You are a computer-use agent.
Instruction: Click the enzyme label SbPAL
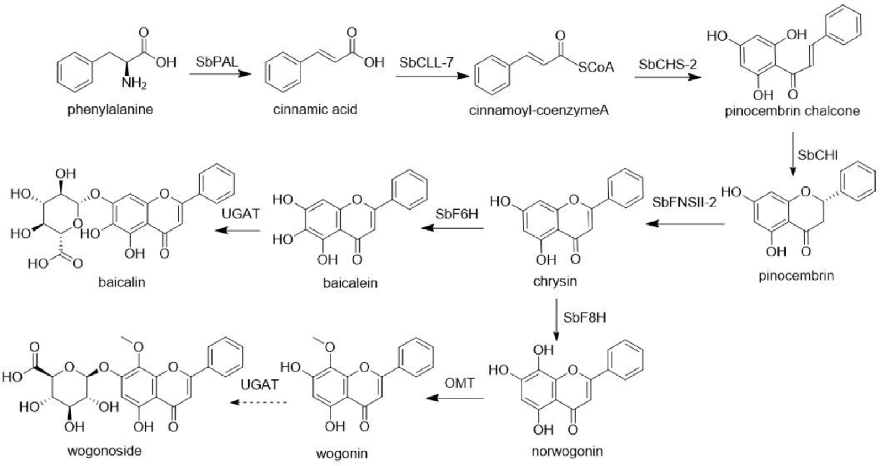[x=216, y=61]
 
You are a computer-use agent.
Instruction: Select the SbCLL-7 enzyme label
[x=426, y=63]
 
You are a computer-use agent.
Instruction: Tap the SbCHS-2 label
[x=667, y=65]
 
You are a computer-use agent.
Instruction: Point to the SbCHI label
[x=818, y=156]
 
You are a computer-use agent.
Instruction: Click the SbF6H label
[x=457, y=214]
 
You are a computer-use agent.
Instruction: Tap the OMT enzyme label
[x=459, y=383]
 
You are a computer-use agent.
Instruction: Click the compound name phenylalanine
[x=110, y=109]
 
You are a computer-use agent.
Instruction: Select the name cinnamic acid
[x=315, y=109]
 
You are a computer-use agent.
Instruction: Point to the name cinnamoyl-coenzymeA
[x=539, y=110]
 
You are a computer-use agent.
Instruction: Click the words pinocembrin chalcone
[x=792, y=111]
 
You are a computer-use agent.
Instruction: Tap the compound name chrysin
[x=555, y=281]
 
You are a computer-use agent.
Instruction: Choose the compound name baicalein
[x=350, y=283]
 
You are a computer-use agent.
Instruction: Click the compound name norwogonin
[x=567, y=452]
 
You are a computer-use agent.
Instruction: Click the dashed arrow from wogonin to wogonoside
[x=258, y=403]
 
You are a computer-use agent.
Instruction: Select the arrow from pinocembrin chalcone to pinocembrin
[x=793, y=154]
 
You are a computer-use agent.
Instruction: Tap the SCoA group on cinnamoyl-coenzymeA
[x=596, y=67]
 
